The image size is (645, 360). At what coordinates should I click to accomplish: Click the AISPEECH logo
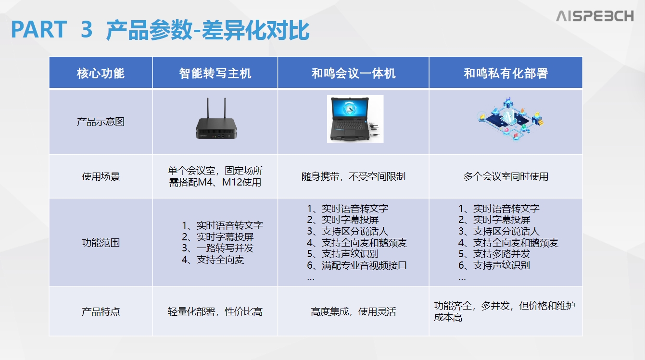pos(595,16)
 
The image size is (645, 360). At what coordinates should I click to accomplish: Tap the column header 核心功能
pos(101,73)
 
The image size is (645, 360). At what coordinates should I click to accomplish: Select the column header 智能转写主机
pos(215,73)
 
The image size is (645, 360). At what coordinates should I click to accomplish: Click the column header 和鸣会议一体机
pos(354,73)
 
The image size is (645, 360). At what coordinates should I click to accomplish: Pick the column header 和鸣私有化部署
pos(506,73)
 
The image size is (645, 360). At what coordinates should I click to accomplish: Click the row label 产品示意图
pos(101,122)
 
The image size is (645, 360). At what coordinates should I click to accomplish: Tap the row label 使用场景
pos(101,176)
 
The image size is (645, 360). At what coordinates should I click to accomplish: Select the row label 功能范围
pos(101,243)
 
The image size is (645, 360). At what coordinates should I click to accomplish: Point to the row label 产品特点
pos(101,311)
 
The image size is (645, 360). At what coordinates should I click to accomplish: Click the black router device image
pos(216,119)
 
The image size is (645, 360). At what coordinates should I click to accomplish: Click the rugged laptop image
pos(355,119)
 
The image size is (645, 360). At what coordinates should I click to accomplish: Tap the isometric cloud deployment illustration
pos(510,119)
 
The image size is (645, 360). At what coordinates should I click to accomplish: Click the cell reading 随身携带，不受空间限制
pos(354,176)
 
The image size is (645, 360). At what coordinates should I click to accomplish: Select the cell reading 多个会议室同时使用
pos(506,176)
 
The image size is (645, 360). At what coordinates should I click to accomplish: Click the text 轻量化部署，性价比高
pos(215,311)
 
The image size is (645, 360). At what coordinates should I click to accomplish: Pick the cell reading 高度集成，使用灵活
pos(354,311)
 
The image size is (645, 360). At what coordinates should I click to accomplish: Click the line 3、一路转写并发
pos(217,248)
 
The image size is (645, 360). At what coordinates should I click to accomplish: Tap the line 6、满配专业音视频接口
pos(357,265)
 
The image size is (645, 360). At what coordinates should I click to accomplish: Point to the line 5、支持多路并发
pos(494,254)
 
